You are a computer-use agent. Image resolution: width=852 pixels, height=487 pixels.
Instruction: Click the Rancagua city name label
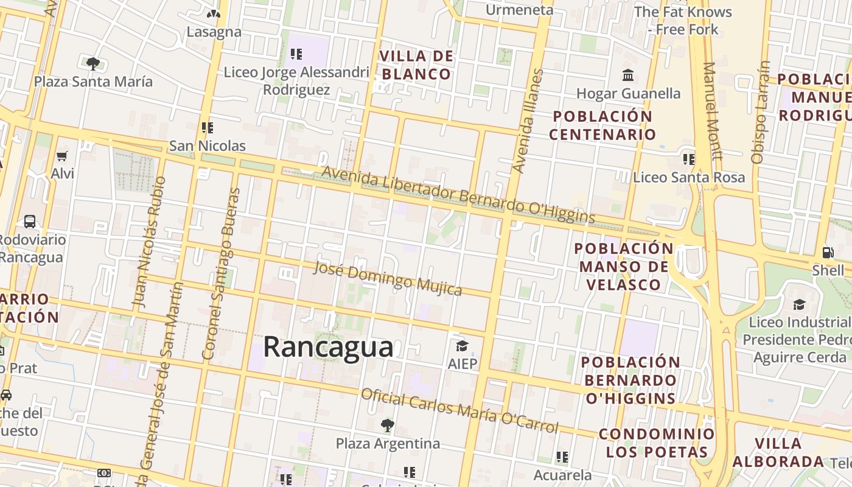click(328, 348)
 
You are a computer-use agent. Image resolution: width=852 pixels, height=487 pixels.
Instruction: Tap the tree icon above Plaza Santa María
click(93, 63)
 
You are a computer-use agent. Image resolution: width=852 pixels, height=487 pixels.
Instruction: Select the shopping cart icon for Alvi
click(61, 156)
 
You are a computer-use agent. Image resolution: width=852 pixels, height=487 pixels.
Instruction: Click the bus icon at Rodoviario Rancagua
click(30, 222)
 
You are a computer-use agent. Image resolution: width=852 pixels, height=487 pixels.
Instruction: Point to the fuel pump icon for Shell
click(828, 252)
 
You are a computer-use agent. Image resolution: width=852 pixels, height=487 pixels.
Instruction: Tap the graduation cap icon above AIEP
click(462, 346)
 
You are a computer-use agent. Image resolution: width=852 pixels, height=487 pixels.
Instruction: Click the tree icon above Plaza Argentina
click(388, 425)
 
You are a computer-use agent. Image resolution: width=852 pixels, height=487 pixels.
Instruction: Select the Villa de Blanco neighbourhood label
click(417, 65)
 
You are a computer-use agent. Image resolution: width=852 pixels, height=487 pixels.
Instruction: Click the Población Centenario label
click(602, 125)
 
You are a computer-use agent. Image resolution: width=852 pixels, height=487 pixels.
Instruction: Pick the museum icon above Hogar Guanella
click(628, 75)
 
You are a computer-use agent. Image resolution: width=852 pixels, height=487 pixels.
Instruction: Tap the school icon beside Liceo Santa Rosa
click(689, 159)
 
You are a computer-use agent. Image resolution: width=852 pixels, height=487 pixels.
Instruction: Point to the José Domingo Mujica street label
click(388, 278)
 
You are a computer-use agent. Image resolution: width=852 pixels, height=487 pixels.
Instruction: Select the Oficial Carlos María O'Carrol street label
click(459, 411)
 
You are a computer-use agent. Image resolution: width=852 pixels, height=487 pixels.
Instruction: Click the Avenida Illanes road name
click(527, 121)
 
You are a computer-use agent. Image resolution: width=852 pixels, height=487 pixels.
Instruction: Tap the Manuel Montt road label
click(713, 111)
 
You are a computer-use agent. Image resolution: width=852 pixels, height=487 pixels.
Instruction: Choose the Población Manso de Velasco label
click(624, 266)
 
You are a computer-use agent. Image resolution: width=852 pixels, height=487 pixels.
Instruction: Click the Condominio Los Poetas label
click(657, 443)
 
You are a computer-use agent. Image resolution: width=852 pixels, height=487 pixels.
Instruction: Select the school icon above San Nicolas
click(208, 128)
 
